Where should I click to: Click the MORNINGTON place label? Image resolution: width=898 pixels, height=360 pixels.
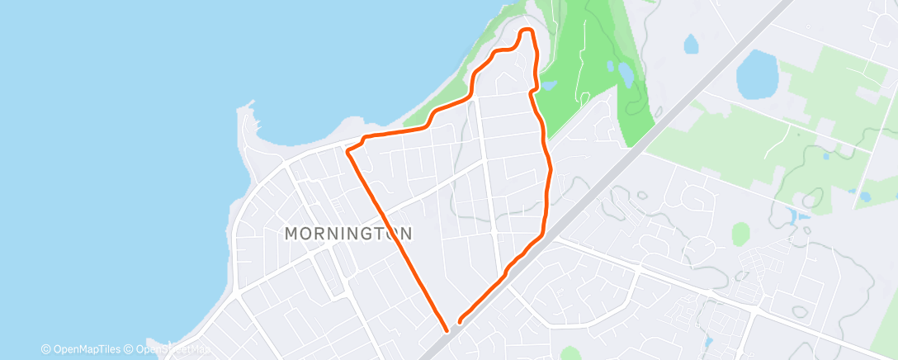(x=348, y=234)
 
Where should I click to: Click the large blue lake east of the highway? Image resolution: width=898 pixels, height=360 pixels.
(x=757, y=73)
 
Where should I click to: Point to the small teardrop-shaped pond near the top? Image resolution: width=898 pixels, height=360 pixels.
(x=690, y=43)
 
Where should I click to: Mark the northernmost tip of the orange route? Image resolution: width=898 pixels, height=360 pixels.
(x=526, y=31)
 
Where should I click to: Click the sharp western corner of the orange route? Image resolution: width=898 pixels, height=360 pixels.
(x=347, y=150)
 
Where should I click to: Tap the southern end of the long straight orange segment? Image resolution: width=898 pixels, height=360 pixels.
(x=447, y=329)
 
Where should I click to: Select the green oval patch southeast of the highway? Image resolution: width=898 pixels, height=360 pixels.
(x=741, y=234)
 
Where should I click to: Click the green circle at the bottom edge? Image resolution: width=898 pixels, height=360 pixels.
(x=570, y=354)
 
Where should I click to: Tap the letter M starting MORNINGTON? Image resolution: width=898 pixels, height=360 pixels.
(x=291, y=234)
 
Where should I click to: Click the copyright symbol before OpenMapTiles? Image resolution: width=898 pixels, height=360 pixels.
(x=46, y=349)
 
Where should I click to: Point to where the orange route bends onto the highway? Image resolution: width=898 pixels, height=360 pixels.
(x=542, y=234)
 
